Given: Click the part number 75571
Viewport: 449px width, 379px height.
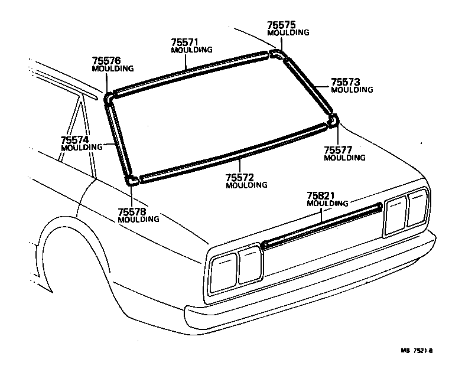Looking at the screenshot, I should coord(184,43).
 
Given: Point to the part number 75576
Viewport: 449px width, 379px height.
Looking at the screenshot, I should coord(106,61).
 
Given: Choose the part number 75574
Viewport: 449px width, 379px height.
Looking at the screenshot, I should coord(74,140).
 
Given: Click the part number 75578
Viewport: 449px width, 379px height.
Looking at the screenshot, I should coord(132,211).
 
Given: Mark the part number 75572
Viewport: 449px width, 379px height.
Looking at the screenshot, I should coord(240,177).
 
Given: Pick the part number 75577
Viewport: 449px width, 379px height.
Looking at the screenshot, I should coord(338,150).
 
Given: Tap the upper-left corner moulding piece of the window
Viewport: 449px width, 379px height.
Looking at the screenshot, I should coord(109,97).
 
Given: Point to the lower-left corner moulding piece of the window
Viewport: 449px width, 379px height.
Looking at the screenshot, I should coord(132,179).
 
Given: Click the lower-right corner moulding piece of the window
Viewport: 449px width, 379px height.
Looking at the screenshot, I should coord(333,122).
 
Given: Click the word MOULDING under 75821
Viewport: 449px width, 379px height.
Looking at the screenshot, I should coord(328,204).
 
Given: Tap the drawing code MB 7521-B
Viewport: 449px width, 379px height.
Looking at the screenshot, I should coord(417,351).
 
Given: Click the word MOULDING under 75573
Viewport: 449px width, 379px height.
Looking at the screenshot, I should coord(352,90).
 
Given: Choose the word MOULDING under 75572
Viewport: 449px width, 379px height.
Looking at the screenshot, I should coord(246,185).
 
